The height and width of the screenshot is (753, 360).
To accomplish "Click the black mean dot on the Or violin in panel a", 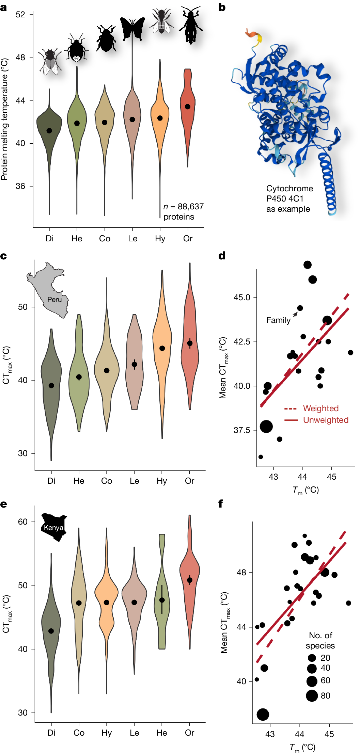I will (188, 107).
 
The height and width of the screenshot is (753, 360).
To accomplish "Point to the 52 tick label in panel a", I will (20, 14).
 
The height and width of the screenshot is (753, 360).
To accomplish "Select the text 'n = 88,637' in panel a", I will (183, 207).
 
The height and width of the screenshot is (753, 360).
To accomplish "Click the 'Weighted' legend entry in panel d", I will (320, 408).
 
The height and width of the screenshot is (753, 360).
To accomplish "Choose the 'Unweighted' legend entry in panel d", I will (326, 420).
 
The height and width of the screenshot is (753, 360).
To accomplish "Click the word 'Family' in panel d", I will (278, 320).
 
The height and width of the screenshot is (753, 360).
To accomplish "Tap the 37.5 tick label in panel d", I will (242, 430).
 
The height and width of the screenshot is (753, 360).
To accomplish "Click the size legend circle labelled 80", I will (312, 696).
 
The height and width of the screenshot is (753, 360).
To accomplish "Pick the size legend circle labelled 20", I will (312, 658).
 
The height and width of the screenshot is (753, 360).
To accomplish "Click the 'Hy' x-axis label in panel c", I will (162, 481).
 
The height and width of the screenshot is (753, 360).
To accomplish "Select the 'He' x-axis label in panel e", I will (162, 733).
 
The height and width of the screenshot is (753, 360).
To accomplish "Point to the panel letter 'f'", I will (221, 503).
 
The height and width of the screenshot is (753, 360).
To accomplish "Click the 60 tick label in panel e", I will (22, 522).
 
